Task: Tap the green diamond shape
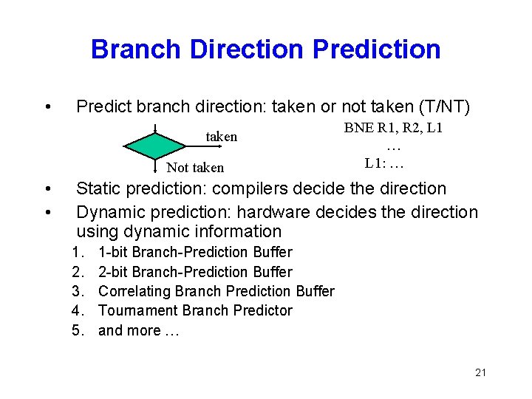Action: tap(154, 145)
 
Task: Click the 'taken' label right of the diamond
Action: tap(221, 137)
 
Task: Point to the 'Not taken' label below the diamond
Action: tap(195, 168)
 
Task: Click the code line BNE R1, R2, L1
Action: tap(393, 127)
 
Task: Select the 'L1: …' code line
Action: tap(384, 162)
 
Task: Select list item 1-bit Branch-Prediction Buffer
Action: tap(195, 253)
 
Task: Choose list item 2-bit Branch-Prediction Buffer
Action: tap(195, 272)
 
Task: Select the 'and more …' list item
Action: tap(138, 330)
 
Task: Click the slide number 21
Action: tap(480, 372)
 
